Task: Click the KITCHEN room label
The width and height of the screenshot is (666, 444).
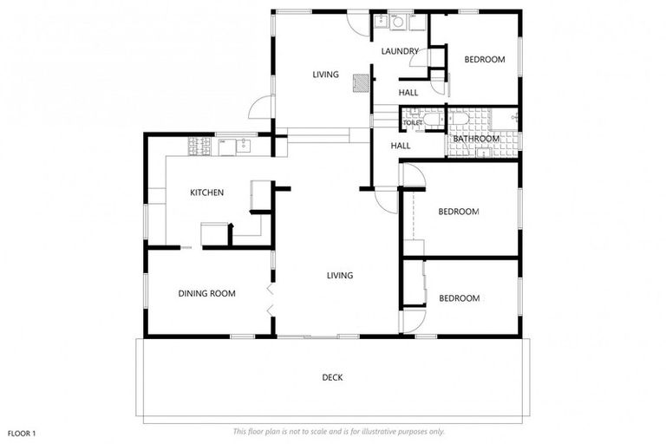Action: pos(207,193)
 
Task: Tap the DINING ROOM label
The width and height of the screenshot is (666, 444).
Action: pos(206,294)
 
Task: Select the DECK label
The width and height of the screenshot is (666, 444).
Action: pos(332,377)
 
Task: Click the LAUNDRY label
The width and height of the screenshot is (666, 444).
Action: pos(400,51)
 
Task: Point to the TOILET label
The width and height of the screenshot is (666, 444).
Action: pos(413,123)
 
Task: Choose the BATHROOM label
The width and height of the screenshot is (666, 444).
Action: pos(476,139)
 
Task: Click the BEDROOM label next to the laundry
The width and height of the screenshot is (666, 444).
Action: pos(484,60)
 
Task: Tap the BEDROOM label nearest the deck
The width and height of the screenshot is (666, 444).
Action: pos(459,298)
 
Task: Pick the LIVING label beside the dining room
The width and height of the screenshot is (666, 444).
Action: pos(339,276)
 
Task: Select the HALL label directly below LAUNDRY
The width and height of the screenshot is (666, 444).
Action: pos(408,93)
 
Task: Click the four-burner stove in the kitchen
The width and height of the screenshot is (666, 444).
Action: pos(199,148)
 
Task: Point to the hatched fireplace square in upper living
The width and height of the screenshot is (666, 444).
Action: pos(360,82)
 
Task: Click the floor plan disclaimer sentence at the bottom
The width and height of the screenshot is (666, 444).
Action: pos(338,431)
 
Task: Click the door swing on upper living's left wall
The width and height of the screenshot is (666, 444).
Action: pos(259,108)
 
